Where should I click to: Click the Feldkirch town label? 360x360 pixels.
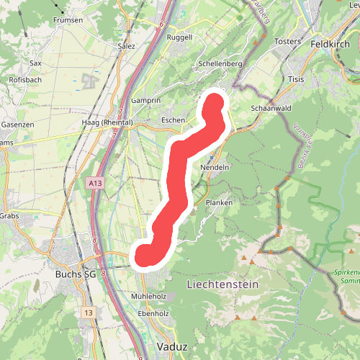pyautogui.click(x=329, y=43)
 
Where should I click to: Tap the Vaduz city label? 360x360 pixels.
pyautogui.click(x=171, y=347)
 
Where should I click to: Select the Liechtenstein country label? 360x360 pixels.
pyautogui.click(x=222, y=285)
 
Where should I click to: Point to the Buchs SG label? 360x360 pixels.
pyautogui.click(x=76, y=274)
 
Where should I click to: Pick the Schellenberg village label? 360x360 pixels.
pyautogui.click(x=220, y=64)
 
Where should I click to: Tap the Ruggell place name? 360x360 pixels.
pyautogui.click(x=179, y=37)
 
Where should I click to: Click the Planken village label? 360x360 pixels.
pyautogui.click(x=219, y=203)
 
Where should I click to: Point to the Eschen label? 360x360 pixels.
pyautogui.click(x=174, y=120)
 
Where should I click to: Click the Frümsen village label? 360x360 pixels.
pyautogui.click(x=67, y=20)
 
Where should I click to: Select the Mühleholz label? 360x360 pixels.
pyautogui.click(x=149, y=297)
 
